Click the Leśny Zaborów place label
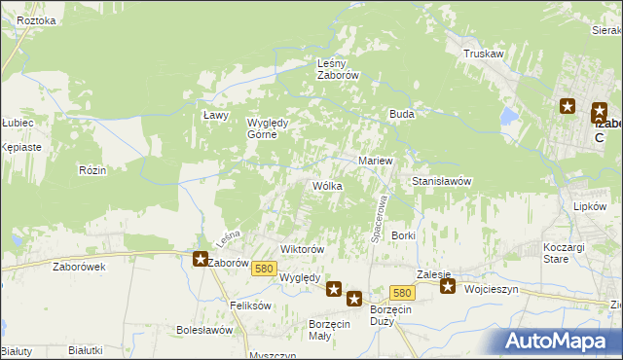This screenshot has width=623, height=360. coord(339,69)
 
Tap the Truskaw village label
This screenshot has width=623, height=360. coord(484,54)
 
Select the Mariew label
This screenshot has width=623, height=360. coord(375,161)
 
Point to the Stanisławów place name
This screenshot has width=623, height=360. coord(442,182)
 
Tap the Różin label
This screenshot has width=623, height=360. coord(92,169)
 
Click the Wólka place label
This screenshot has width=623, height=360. coord(327,185)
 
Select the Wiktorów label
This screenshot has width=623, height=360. coord(302,249)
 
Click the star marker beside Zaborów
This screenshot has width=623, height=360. coord(201,259)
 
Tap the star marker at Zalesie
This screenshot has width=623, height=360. coord(447,286)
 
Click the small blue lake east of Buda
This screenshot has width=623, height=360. coord(507,118)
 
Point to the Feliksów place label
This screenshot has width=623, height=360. coord(250,306)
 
